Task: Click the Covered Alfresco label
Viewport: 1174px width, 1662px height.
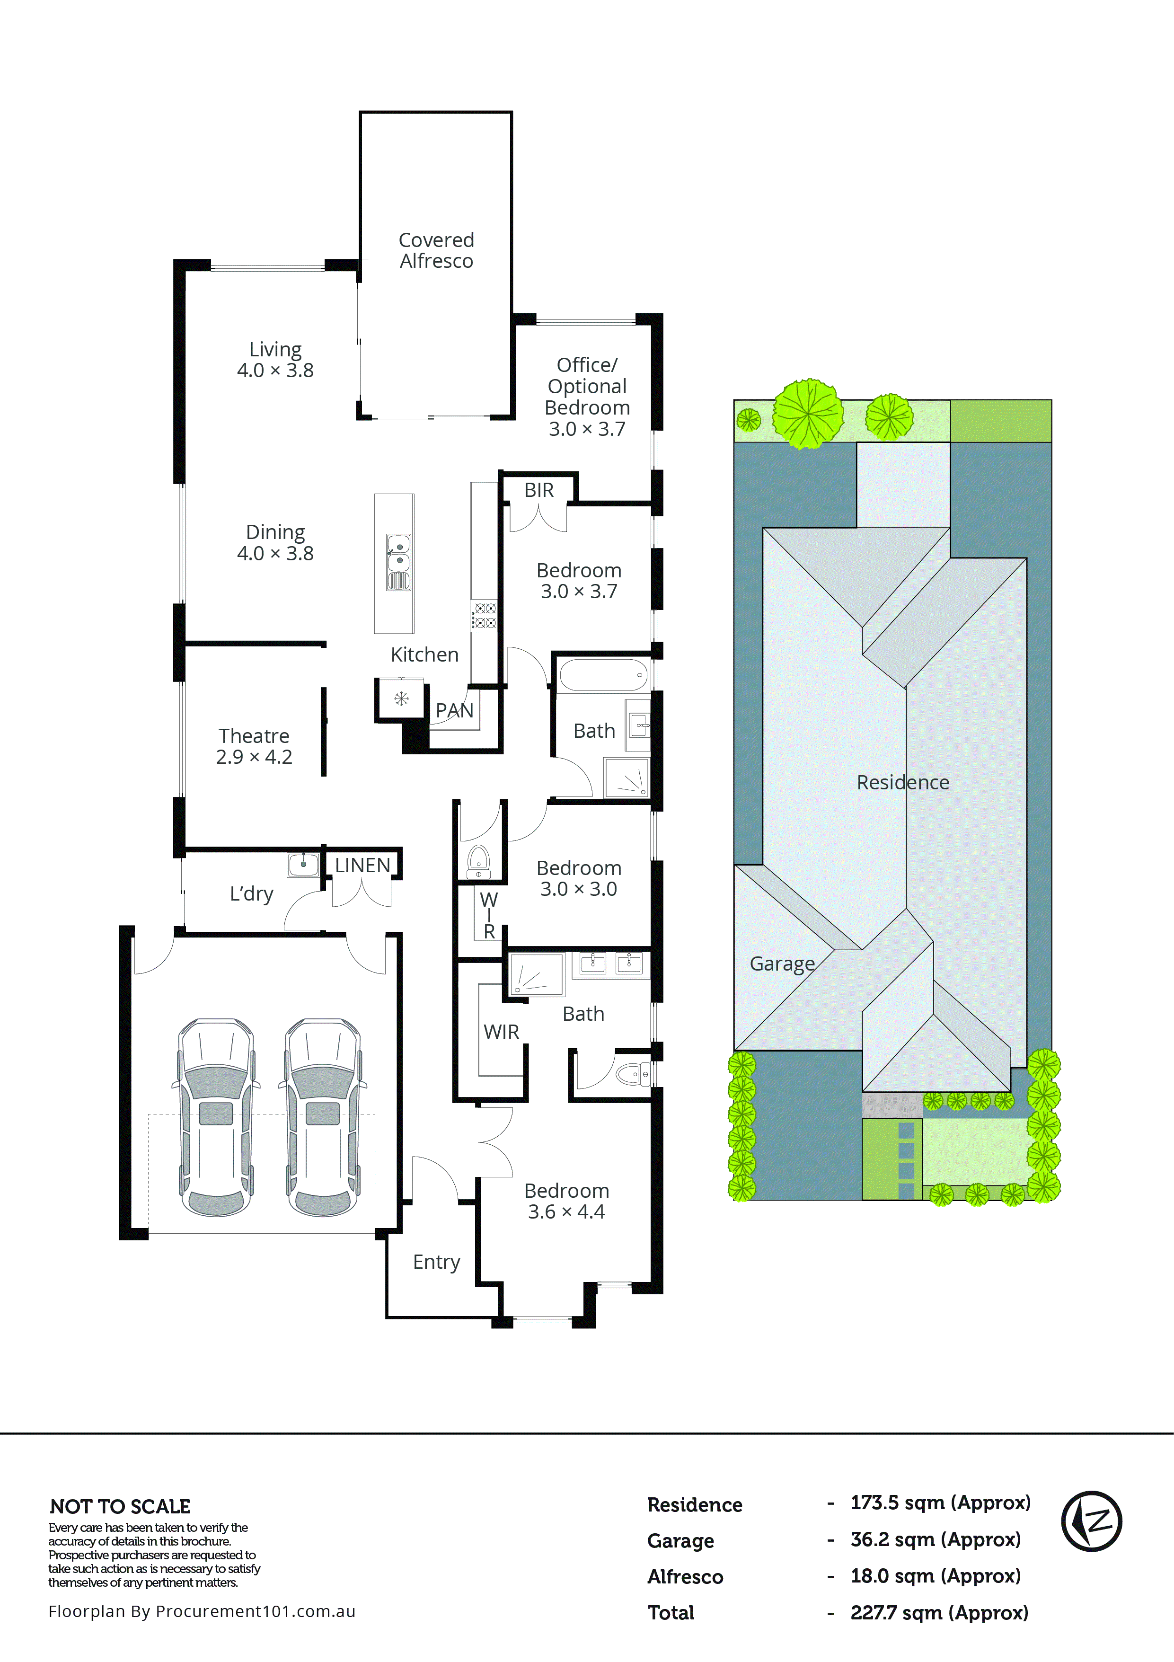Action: coord(436,250)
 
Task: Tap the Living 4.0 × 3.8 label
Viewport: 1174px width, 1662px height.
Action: coord(275,360)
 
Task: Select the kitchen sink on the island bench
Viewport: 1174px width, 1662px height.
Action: coord(398,554)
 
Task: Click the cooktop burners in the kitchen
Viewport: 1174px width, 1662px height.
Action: coord(484,615)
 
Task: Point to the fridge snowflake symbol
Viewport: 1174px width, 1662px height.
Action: coord(400,698)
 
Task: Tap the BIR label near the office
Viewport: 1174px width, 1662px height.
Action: coord(538,490)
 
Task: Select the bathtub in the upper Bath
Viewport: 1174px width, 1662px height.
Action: coord(603,675)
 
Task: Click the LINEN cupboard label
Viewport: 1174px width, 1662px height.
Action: coord(362,865)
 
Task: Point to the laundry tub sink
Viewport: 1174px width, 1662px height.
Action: coord(303,864)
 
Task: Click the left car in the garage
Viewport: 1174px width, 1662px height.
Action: coord(216,1117)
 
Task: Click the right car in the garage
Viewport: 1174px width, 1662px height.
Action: coord(323,1117)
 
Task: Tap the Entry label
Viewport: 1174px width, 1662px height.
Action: coord(436,1262)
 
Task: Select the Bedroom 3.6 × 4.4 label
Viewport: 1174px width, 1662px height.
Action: coord(566,1201)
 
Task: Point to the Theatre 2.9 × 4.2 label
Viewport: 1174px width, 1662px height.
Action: coord(254,746)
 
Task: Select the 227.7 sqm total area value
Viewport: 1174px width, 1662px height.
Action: coord(939,1613)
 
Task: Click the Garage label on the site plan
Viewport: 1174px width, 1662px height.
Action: coord(782,964)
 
